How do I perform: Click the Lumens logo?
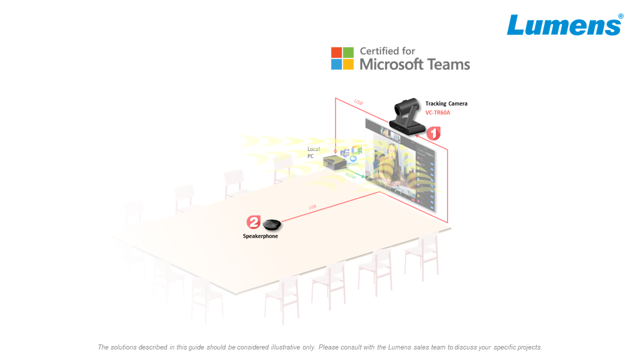pos(564,25)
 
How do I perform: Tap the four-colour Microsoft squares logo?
pos(342,58)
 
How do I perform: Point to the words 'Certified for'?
pos(387,51)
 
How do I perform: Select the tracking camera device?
pos(407,117)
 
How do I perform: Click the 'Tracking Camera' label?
pos(446,104)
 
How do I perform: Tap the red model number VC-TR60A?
pos(437,113)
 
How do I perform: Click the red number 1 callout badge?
pos(433,133)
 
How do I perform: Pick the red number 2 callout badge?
pos(253,222)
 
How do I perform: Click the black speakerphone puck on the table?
pos(272,225)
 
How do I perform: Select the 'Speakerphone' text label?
pos(260,236)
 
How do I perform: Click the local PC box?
pos(334,162)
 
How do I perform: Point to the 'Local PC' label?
pos(313,152)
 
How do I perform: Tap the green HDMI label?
pos(351,175)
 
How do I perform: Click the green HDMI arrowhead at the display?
pos(363,176)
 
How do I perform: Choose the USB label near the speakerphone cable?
pos(312,207)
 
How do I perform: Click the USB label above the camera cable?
pos(358,102)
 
